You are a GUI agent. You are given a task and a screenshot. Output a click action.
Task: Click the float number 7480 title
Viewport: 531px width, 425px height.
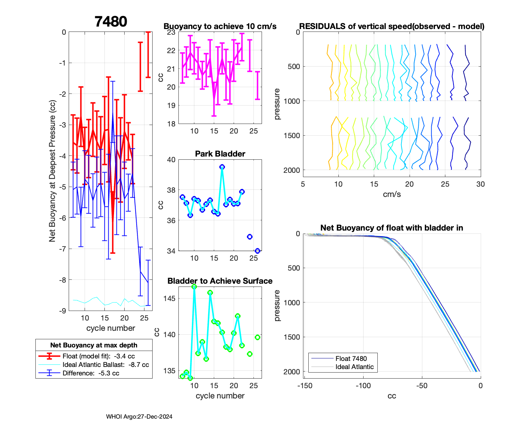pos(111,22)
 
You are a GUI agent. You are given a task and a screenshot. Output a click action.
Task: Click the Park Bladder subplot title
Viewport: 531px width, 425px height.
pos(220,154)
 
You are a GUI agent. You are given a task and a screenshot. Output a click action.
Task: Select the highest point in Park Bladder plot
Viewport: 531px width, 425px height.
pos(222,167)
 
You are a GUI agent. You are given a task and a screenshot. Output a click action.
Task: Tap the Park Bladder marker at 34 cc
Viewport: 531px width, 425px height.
pos(257,251)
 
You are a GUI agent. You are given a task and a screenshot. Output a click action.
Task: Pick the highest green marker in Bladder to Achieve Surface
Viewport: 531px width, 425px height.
pos(194,287)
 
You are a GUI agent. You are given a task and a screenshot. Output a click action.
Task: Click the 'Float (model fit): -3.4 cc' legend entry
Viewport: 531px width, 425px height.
pos(98,356)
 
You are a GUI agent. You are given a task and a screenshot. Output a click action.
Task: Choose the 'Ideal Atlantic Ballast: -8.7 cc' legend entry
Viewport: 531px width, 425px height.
pos(105,364)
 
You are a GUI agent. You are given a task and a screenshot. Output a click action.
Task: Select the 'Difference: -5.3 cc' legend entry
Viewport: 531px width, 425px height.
pos(91,373)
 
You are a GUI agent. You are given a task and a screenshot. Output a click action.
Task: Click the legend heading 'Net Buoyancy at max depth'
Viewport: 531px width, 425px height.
pos(94,345)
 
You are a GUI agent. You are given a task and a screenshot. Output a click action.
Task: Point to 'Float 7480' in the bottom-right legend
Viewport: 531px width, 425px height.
pos(351,358)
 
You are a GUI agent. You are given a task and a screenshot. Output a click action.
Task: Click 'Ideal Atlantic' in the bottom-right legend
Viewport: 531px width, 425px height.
pos(354,367)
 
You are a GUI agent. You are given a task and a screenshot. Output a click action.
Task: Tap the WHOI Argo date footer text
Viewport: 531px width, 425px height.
pos(139,416)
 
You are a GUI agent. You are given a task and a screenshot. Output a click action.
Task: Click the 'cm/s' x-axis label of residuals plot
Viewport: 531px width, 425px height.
pos(392,194)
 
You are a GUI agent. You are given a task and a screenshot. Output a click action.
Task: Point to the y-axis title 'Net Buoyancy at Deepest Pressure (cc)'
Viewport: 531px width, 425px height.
pos(52,171)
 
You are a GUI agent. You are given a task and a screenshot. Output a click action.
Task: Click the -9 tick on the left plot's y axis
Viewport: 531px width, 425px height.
pos(63,311)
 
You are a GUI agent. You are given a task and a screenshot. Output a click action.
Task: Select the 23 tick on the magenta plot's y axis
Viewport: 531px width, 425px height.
pos(171,32)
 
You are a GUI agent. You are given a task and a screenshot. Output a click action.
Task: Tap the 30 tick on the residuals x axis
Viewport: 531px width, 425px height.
pos(480,184)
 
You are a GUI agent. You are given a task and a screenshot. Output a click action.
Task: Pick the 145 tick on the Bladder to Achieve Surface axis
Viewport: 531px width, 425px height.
pos(170,299)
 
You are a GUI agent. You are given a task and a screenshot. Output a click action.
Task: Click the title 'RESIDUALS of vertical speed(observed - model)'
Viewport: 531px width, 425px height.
pos(392,26)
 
